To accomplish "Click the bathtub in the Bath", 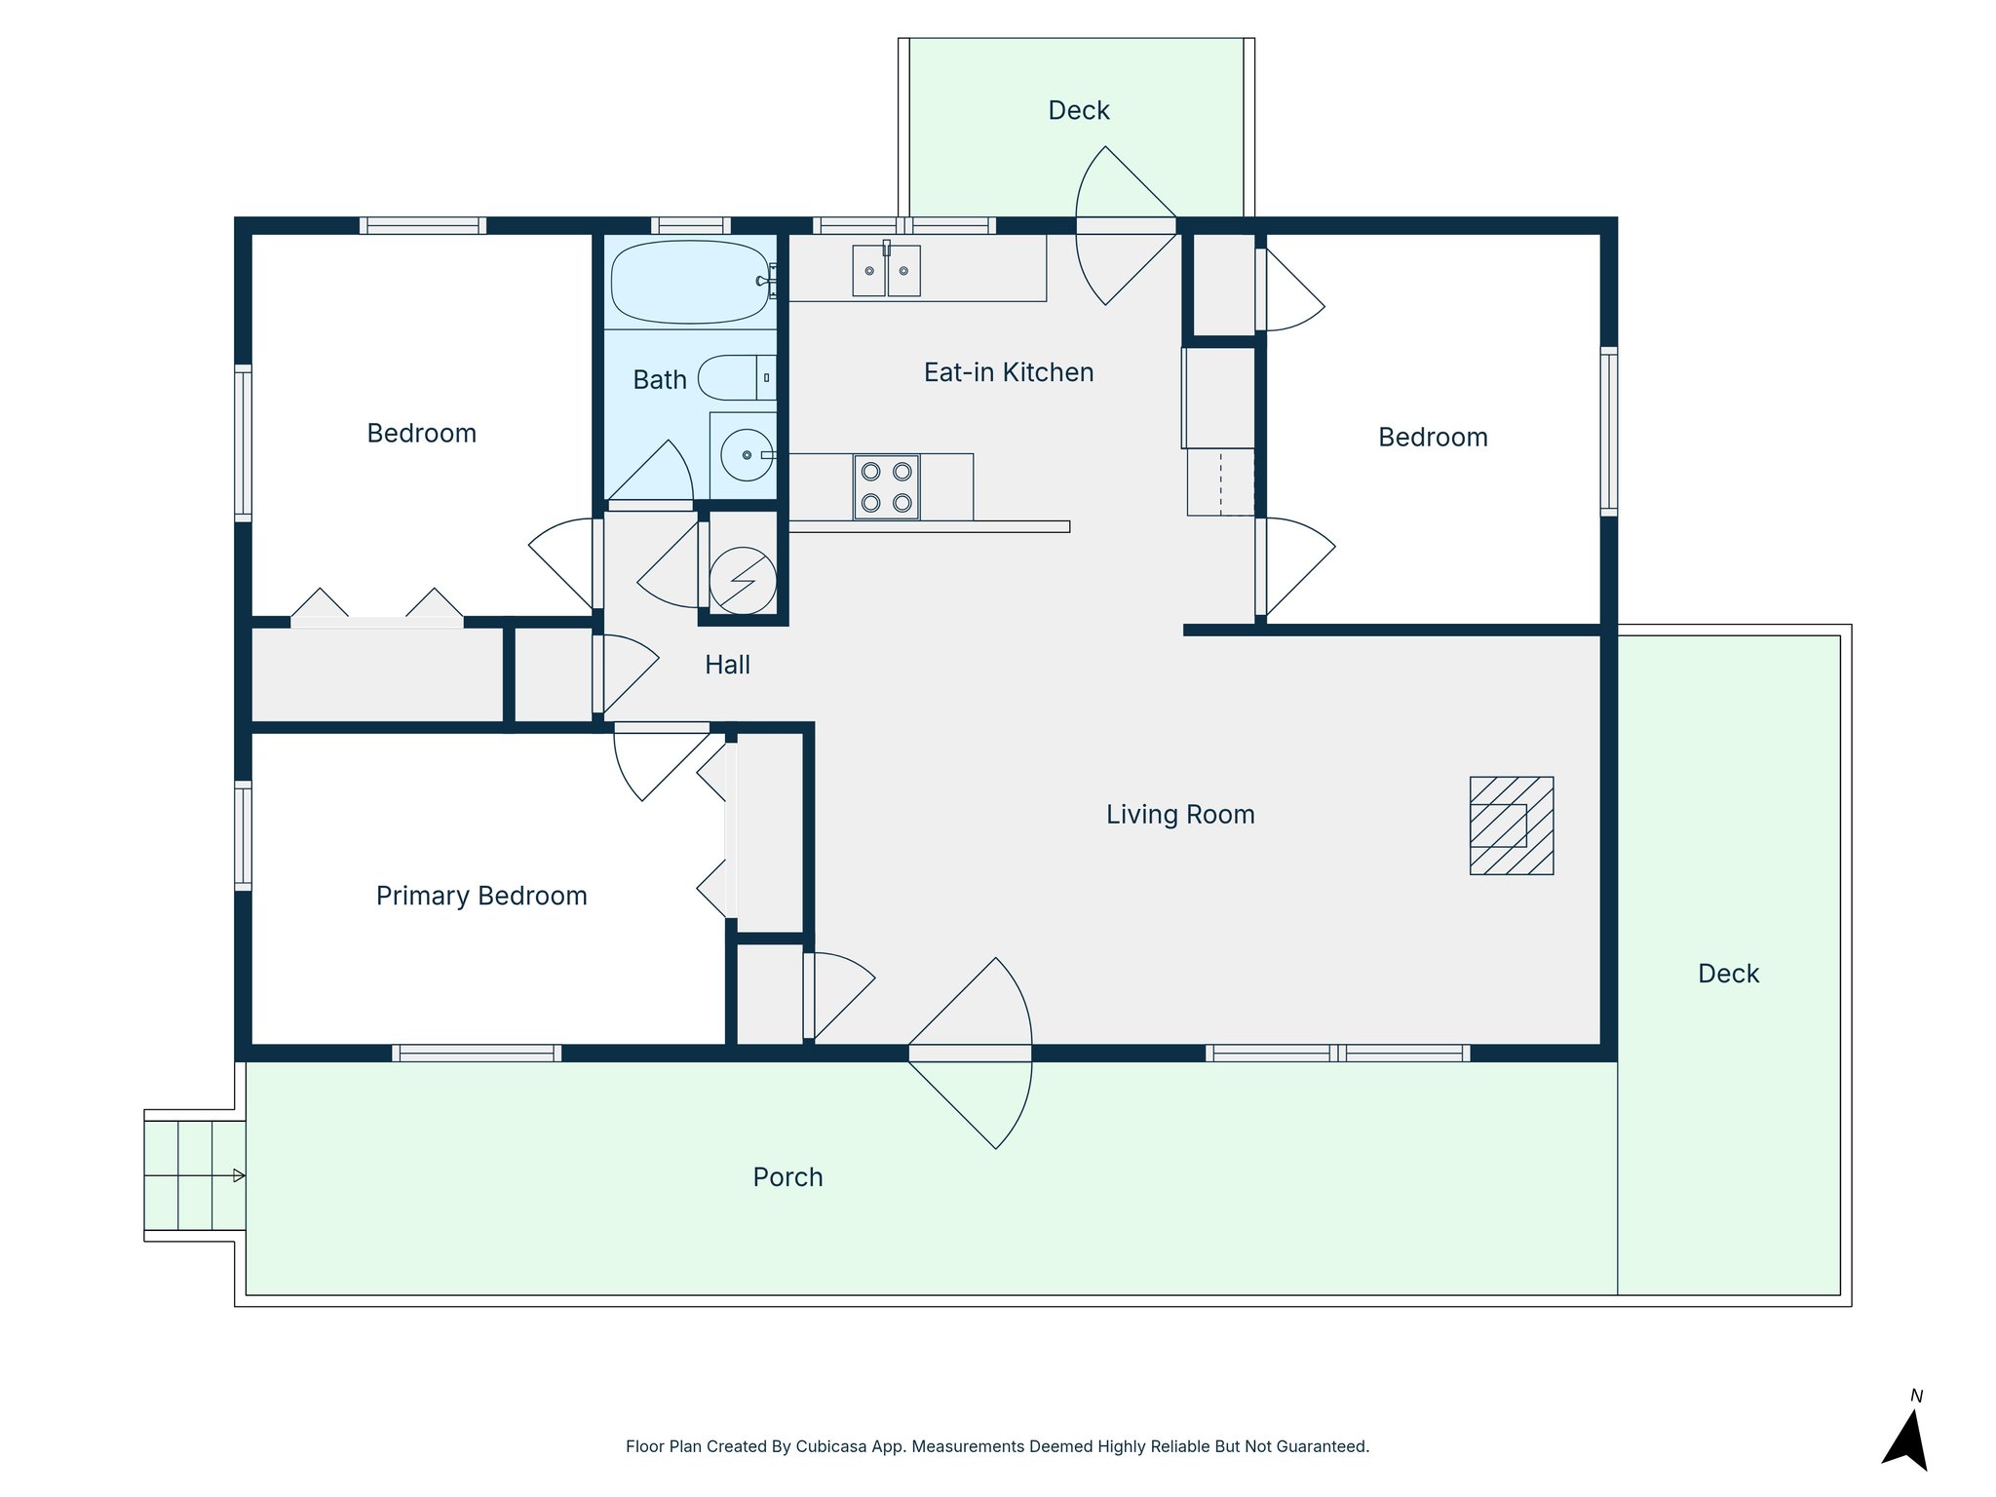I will (689, 282).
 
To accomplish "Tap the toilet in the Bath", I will (733, 378).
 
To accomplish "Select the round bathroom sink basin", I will (747, 455).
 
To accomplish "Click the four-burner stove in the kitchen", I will (886, 486).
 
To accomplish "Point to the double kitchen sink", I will (886, 270).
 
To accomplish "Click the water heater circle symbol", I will (743, 580).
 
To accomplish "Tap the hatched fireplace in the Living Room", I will (1511, 825).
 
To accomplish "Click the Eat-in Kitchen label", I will (1009, 372).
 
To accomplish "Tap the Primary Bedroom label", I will (481, 896).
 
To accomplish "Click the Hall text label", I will (727, 665).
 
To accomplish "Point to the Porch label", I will (787, 1177).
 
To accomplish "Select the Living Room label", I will (1179, 815).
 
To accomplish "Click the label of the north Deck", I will (1078, 110).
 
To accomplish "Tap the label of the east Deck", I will (1728, 974).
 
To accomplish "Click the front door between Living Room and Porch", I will (970, 1053).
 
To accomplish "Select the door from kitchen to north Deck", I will (1126, 225).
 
